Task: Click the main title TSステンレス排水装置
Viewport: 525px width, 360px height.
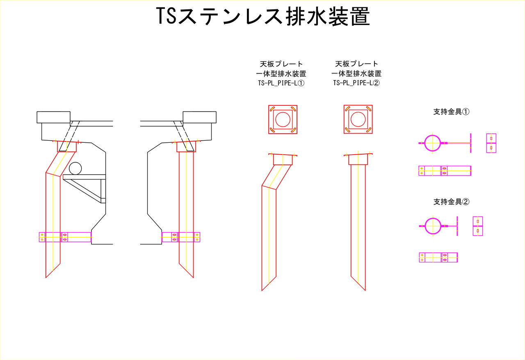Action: coord(263,16)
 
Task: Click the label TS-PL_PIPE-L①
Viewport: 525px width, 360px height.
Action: coord(281,83)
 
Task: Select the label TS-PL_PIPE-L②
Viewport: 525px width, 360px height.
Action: coord(356,83)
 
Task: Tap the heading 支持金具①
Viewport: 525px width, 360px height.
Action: coord(451,112)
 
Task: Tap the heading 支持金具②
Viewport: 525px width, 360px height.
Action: coord(451,202)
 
